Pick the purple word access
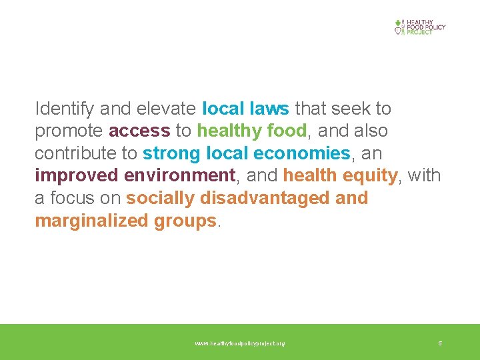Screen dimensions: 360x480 139,131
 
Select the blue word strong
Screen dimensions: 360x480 172,154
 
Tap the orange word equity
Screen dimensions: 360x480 371,176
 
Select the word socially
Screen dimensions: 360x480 160,199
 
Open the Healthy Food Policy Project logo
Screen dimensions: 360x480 419,27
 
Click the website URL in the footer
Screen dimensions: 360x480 239,343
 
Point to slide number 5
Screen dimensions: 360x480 440,343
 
